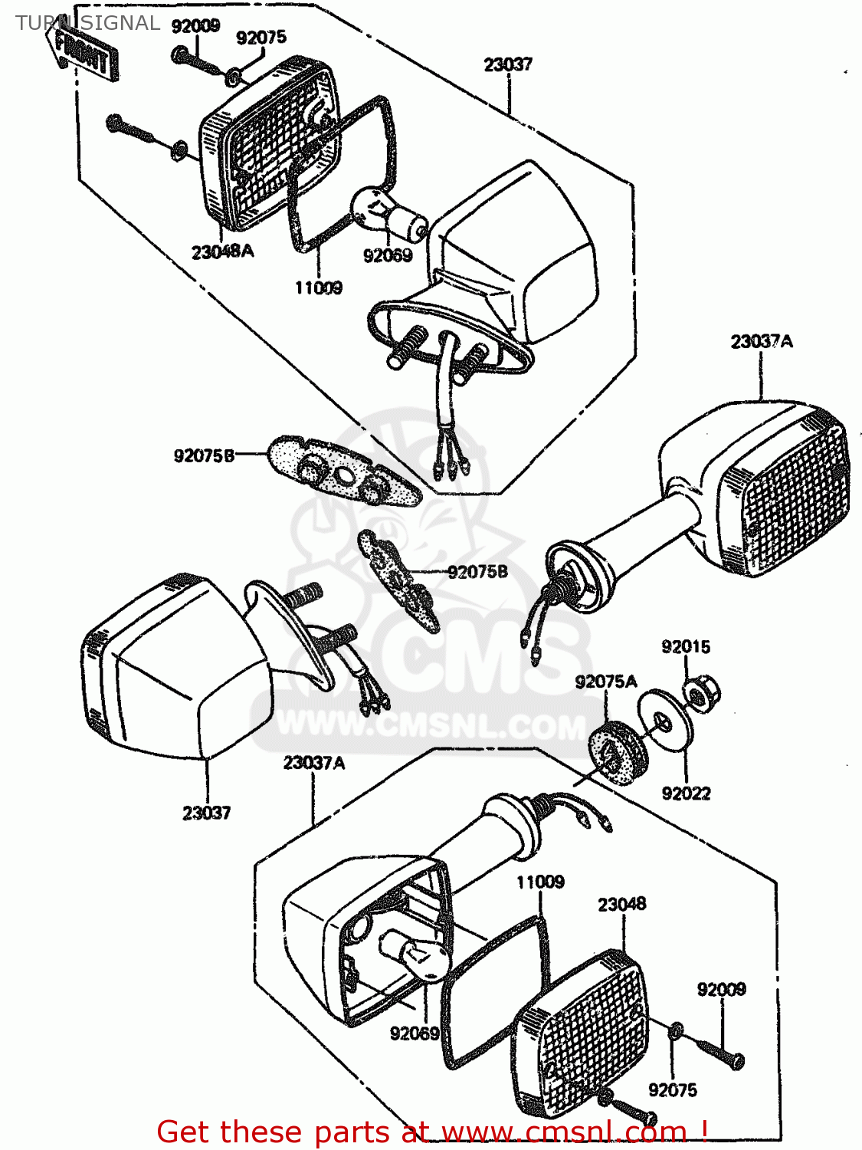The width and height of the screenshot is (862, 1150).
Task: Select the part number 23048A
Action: (x=222, y=251)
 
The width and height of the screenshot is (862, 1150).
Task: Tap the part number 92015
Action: (x=686, y=646)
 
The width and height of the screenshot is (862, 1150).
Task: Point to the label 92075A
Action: (x=605, y=682)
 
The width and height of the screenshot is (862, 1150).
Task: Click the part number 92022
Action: (x=686, y=793)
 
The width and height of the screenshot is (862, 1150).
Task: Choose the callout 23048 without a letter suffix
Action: (x=621, y=905)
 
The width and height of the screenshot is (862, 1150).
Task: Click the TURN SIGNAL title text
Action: (x=87, y=23)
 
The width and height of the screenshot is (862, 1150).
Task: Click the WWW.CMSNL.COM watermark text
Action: (x=429, y=724)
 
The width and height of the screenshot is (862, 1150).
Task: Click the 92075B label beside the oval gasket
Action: (x=204, y=456)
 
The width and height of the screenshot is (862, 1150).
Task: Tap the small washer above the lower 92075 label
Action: (x=675, y=1032)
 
